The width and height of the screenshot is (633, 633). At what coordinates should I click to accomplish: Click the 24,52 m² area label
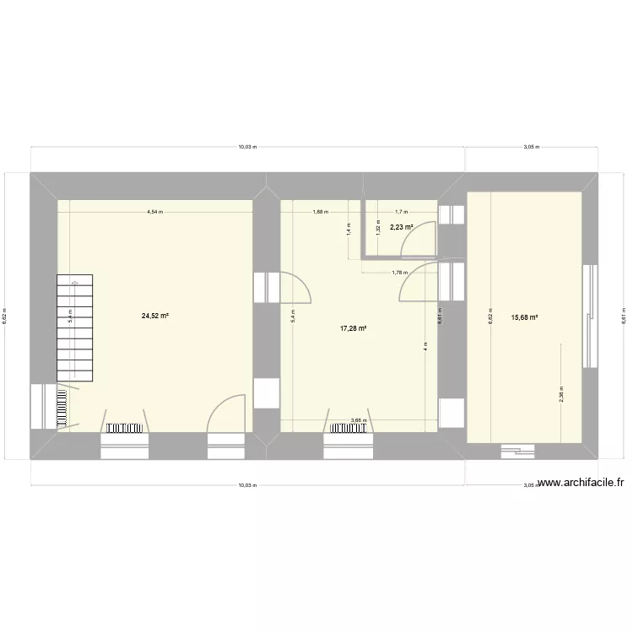tap(155, 316)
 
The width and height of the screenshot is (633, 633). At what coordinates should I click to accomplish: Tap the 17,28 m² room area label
tap(354, 328)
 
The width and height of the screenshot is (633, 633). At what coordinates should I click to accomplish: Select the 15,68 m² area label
tap(524, 318)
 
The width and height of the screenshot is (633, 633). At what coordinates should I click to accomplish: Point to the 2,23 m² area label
tap(401, 227)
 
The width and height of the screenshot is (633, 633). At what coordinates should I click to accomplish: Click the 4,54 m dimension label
tap(154, 213)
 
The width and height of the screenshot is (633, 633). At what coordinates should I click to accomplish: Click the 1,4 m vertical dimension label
tap(349, 226)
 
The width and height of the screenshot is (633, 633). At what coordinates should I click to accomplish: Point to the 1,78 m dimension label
tap(400, 273)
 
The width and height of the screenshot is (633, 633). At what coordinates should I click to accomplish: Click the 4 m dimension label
tap(426, 346)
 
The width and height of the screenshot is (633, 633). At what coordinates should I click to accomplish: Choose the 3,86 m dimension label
tap(358, 420)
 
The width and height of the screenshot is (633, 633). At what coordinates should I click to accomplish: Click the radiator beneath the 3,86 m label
tap(349, 429)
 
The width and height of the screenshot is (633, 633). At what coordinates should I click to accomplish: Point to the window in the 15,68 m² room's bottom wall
tap(517, 452)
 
